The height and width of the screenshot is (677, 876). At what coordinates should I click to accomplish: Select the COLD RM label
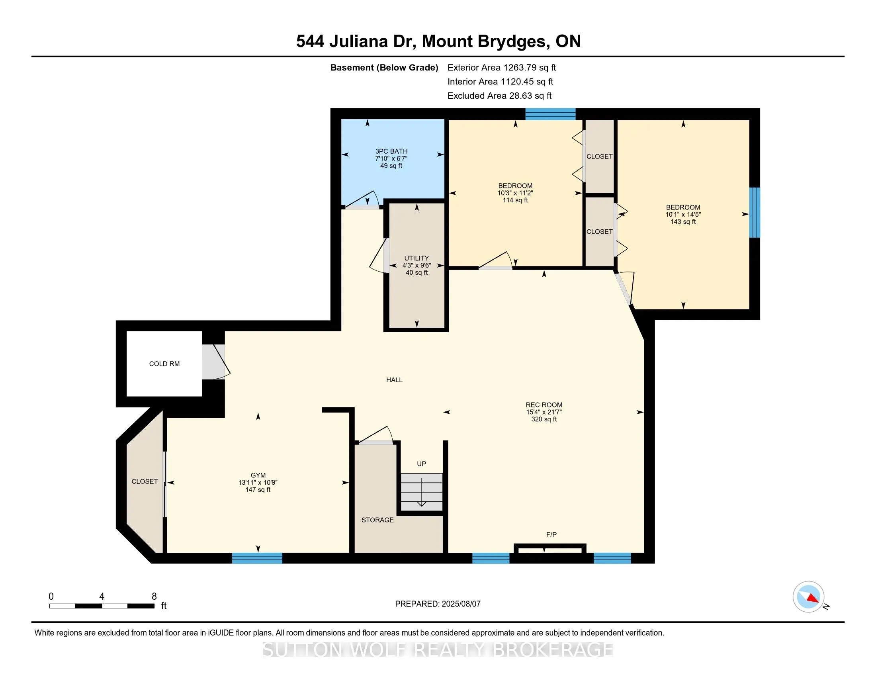click(164, 364)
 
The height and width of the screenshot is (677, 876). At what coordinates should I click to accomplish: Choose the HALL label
click(394, 380)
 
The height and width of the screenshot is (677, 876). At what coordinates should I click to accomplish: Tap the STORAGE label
click(377, 520)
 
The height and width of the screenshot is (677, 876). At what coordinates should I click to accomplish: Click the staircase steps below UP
click(422, 492)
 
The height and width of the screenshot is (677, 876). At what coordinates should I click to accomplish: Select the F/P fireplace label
click(551, 534)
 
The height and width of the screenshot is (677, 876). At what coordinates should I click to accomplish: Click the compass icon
click(809, 597)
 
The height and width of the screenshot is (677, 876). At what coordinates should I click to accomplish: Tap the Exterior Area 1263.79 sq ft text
click(502, 67)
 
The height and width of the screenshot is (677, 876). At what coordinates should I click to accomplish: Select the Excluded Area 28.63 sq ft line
click(500, 96)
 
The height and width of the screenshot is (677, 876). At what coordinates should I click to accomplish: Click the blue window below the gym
click(257, 558)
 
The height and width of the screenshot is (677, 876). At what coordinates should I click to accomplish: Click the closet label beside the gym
click(145, 481)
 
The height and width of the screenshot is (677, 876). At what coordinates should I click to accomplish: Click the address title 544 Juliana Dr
click(355, 41)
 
